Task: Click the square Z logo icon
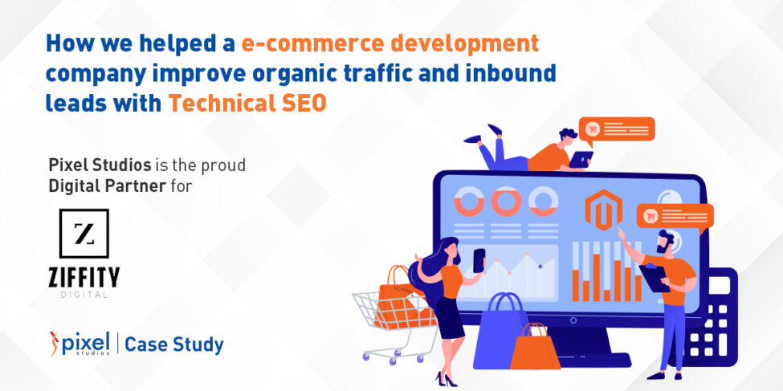point(84,234)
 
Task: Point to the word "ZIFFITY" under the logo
point(84,278)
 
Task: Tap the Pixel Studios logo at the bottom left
point(80,344)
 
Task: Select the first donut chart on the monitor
point(467,201)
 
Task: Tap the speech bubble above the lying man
point(617,129)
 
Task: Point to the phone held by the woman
point(479,259)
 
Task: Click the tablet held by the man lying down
point(580,160)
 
